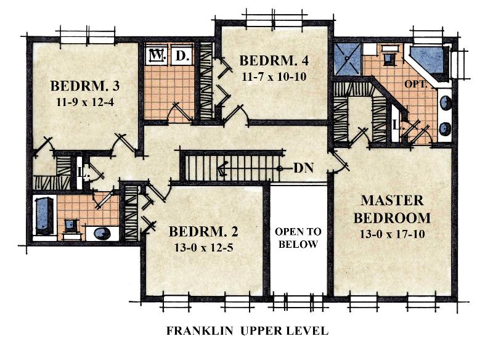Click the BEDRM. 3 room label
(85, 86)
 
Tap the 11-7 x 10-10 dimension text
(274, 76)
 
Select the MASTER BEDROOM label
(392, 209)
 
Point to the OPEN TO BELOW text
(298, 238)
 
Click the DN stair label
(303, 168)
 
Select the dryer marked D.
(182, 56)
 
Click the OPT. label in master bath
(415, 84)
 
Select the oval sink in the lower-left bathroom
(102, 233)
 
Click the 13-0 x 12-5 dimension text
(204, 248)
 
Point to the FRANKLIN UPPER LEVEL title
(248, 331)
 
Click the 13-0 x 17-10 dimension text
(393, 234)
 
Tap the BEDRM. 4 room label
(274, 60)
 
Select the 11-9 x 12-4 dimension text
(85, 102)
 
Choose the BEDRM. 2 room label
(203, 231)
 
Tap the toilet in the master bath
(389, 56)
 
